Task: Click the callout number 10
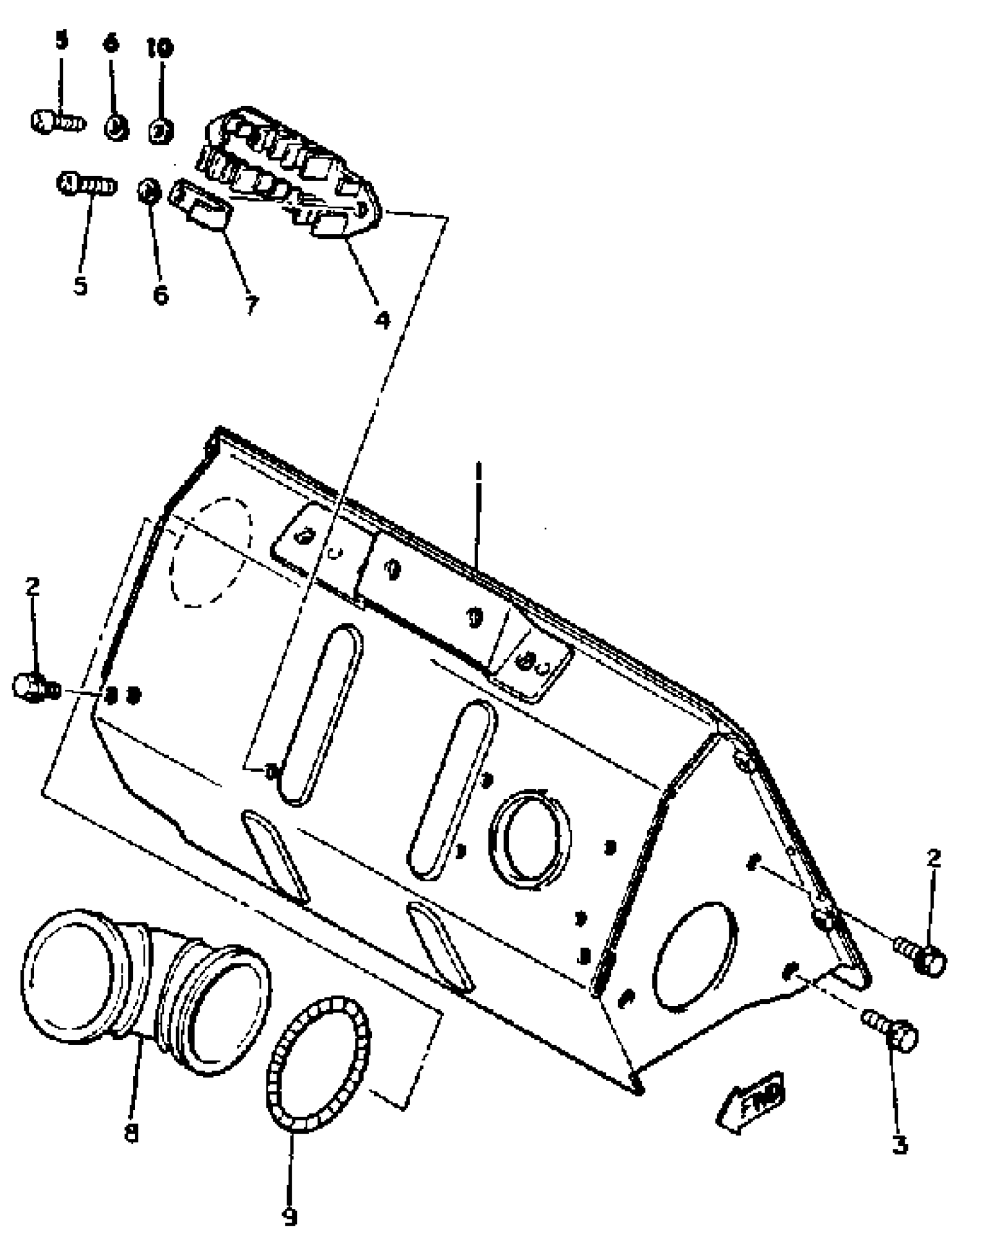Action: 160,48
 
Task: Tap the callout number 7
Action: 250,304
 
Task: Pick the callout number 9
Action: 290,1217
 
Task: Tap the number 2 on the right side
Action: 934,858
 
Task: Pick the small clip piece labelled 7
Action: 200,203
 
